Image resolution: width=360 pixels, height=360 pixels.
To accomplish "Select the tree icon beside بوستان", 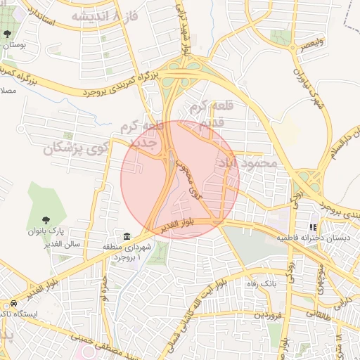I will click(x=7, y=34).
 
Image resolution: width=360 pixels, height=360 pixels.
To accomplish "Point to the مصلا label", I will click(x=7, y=91).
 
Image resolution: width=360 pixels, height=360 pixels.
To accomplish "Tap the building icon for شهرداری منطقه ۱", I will click(x=127, y=236).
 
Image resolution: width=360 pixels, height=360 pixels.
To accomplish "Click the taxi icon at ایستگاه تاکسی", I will click(x=13, y=303).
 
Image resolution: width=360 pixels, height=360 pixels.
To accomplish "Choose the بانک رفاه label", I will click(x=261, y=283).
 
